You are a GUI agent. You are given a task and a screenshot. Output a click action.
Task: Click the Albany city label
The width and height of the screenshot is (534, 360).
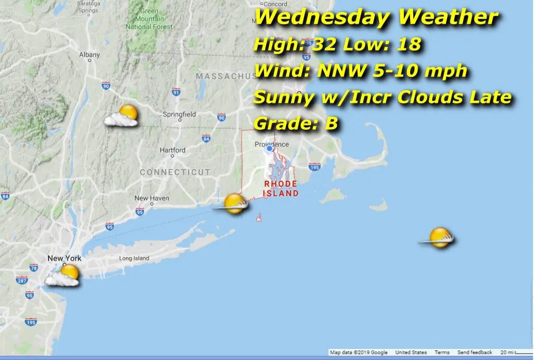[89, 54]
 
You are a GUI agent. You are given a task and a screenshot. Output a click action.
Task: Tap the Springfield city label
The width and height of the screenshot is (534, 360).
[179, 114]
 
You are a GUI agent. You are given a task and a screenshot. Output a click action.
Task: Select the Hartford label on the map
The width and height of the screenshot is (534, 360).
[172, 150]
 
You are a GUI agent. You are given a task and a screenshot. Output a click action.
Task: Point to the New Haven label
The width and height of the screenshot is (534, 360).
[151, 198]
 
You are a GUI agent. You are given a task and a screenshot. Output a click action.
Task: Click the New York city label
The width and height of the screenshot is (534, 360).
[64, 258]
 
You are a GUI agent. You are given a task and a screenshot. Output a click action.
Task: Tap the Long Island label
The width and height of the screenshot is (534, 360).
[134, 258]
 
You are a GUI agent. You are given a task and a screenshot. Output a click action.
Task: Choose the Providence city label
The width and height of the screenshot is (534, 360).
[271, 144]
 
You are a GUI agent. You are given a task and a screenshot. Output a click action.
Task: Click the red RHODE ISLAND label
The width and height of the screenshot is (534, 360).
[281, 188]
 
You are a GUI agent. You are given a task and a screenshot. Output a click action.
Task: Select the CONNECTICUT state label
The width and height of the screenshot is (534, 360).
[175, 172]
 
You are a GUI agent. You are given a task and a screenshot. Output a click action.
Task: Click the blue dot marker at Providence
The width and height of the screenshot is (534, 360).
[269, 149]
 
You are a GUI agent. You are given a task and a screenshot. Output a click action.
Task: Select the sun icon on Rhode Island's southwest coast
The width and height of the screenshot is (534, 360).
[233, 203]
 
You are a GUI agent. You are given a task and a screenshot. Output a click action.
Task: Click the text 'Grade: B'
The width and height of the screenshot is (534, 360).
[295, 123]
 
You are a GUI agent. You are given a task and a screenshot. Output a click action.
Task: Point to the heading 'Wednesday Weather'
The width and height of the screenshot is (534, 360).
[376, 17]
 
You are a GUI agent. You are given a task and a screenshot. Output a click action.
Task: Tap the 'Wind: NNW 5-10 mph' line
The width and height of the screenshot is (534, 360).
[360, 70]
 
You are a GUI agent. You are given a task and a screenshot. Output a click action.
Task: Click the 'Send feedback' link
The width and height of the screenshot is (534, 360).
[474, 352]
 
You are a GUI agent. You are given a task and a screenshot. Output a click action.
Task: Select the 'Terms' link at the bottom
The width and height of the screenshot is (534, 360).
[442, 352]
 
